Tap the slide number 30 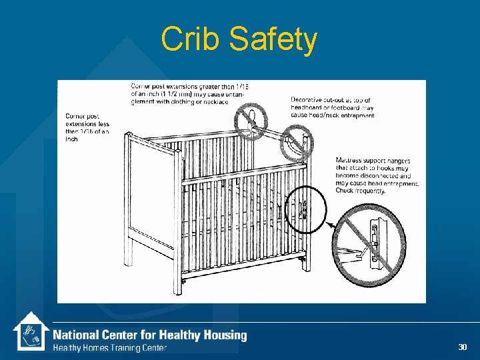tap(463, 347)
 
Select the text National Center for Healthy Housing tap(149, 335)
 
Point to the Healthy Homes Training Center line tap(110, 347)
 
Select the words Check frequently tap(361, 191)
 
